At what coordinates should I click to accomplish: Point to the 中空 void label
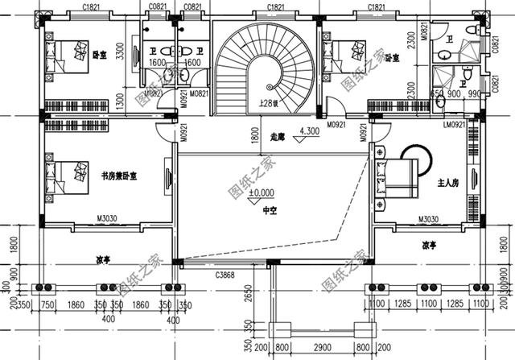[270, 209]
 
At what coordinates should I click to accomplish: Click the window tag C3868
[226, 276]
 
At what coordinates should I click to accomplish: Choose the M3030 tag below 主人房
[427, 219]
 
